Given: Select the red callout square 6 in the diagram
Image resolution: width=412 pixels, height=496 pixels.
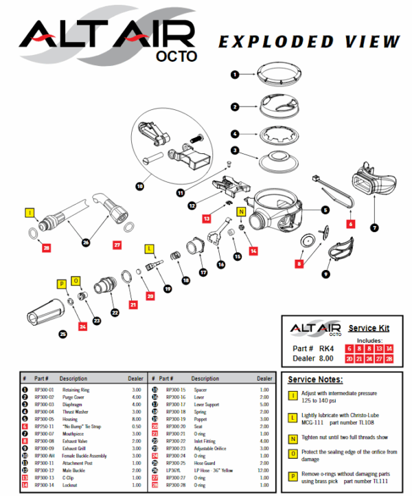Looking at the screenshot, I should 350,224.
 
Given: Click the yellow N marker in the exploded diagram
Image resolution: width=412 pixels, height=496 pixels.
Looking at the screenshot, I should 241,212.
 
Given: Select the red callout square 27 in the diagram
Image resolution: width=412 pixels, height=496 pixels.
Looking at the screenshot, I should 117,244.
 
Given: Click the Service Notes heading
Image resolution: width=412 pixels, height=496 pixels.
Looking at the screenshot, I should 315,379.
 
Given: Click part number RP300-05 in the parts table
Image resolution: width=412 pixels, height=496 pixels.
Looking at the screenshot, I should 45,418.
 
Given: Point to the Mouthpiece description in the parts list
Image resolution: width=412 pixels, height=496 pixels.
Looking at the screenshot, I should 71,434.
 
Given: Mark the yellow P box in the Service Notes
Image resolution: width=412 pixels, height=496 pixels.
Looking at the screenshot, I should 293,476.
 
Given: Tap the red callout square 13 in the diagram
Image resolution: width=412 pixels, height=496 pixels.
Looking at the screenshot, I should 207,218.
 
